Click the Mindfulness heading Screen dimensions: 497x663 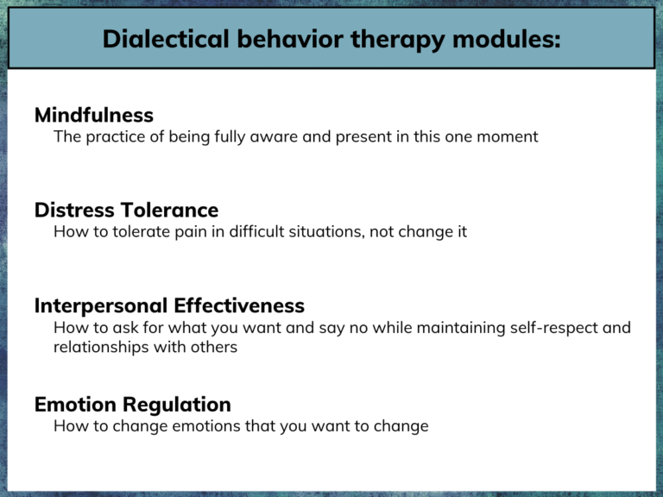pyautogui.click(x=94, y=115)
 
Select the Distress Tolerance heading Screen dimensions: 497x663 pyautogui.click(x=126, y=210)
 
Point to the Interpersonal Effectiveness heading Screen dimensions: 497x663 pyautogui.click(x=169, y=305)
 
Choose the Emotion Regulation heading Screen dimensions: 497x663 pyautogui.click(x=133, y=404)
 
